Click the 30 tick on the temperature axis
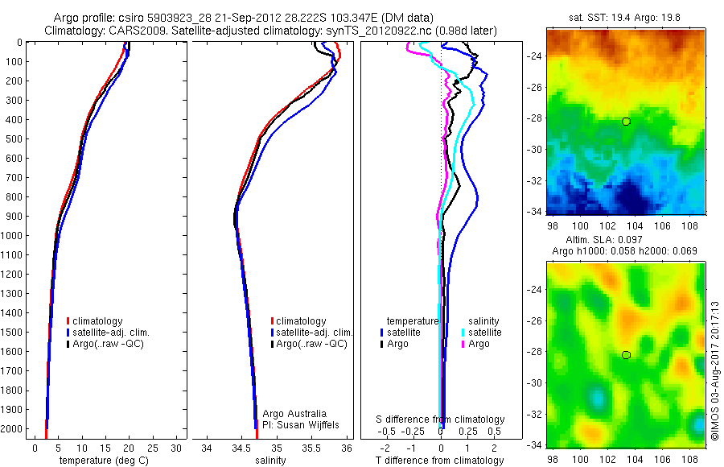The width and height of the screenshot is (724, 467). (x=176, y=448)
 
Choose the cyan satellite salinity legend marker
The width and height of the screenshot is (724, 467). (x=463, y=333)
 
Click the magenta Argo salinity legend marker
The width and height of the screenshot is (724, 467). (x=463, y=344)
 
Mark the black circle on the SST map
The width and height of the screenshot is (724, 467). (x=626, y=122)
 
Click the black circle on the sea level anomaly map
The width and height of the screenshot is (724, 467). (x=626, y=355)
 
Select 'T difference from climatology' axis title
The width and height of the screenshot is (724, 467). (x=440, y=461)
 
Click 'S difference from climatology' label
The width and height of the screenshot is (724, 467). (x=440, y=419)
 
